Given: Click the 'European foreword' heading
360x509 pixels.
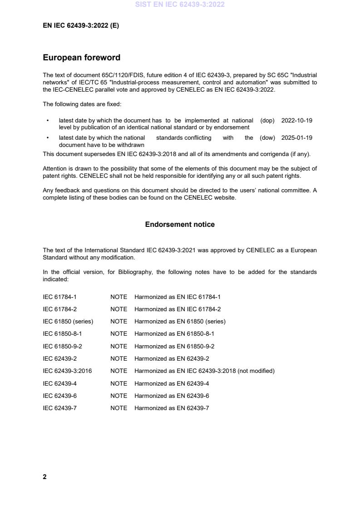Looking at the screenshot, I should click(x=81, y=58).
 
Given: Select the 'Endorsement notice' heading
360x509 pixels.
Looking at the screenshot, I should click(x=180, y=225).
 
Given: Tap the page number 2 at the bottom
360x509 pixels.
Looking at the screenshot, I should click(x=44, y=476).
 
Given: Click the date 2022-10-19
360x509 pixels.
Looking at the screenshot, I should click(x=296, y=121).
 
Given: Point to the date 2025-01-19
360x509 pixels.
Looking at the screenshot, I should click(x=296, y=138).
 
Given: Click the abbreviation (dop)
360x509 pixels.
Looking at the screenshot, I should click(x=267, y=121).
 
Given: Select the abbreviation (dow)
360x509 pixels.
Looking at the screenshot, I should click(x=267, y=138).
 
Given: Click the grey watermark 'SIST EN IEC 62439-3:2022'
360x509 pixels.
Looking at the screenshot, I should click(x=180, y=5).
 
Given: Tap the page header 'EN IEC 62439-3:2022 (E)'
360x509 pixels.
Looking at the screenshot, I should click(x=81, y=26).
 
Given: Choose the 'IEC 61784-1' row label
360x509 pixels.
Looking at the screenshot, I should click(x=59, y=297).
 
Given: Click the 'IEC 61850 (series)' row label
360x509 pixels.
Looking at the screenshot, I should click(x=68, y=322).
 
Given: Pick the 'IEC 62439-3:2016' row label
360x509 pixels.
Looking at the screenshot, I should click(x=67, y=371).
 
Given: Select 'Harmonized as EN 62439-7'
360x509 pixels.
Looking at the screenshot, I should click(x=172, y=408).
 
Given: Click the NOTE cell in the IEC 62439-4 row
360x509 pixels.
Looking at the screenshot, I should click(x=118, y=384).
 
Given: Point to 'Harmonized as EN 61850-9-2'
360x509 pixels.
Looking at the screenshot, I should click(x=174, y=347).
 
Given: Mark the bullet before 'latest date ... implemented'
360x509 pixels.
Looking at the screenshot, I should click(x=48, y=121).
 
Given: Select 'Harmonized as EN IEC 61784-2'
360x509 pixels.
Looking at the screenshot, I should click(x=178, y=309).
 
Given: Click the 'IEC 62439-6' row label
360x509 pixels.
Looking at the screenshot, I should click(x=59, y=396).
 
